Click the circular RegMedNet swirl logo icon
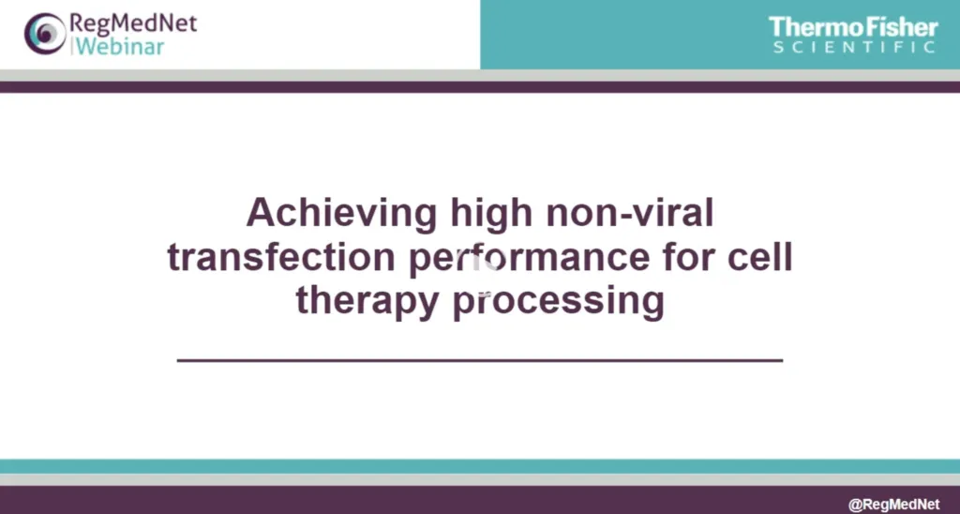tap(42, 35)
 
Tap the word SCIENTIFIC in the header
tap(854, 47)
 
